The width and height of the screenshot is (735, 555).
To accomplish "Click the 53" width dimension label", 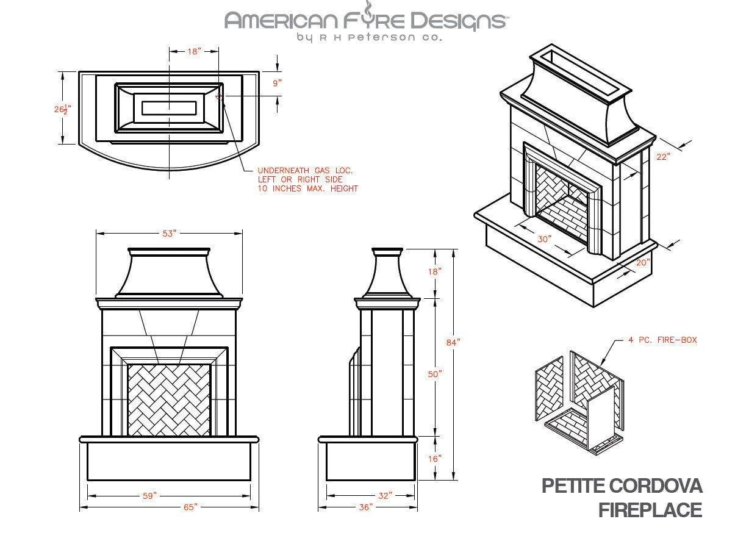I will [169, 234].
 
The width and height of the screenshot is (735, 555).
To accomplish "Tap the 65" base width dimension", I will [191, 507].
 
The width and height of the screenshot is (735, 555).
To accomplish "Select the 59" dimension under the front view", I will [150, 496].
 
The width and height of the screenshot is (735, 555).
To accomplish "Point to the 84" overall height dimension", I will [453, 343].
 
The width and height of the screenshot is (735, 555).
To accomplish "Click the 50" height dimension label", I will [434, 374].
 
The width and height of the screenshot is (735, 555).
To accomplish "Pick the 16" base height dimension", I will [434, 458].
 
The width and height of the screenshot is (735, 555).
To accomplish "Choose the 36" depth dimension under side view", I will [365, 507].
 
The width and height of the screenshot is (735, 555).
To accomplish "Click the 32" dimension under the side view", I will [384, 496].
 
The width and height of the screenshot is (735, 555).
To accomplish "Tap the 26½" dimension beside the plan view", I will [62, 109].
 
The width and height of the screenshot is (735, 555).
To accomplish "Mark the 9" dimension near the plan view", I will [278, 84].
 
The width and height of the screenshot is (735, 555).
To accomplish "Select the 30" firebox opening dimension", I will [545, 239].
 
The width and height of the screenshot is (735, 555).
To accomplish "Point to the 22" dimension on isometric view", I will [663, 156].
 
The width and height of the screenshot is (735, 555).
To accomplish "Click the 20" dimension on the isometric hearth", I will [643, 263].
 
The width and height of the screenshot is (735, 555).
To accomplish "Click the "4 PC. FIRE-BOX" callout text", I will [662, 340].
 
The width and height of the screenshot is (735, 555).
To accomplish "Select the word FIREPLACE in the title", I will [650, 510].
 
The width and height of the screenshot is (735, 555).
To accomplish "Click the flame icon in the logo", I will [369, 9].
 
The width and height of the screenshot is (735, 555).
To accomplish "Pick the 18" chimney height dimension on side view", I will [434, 271].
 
